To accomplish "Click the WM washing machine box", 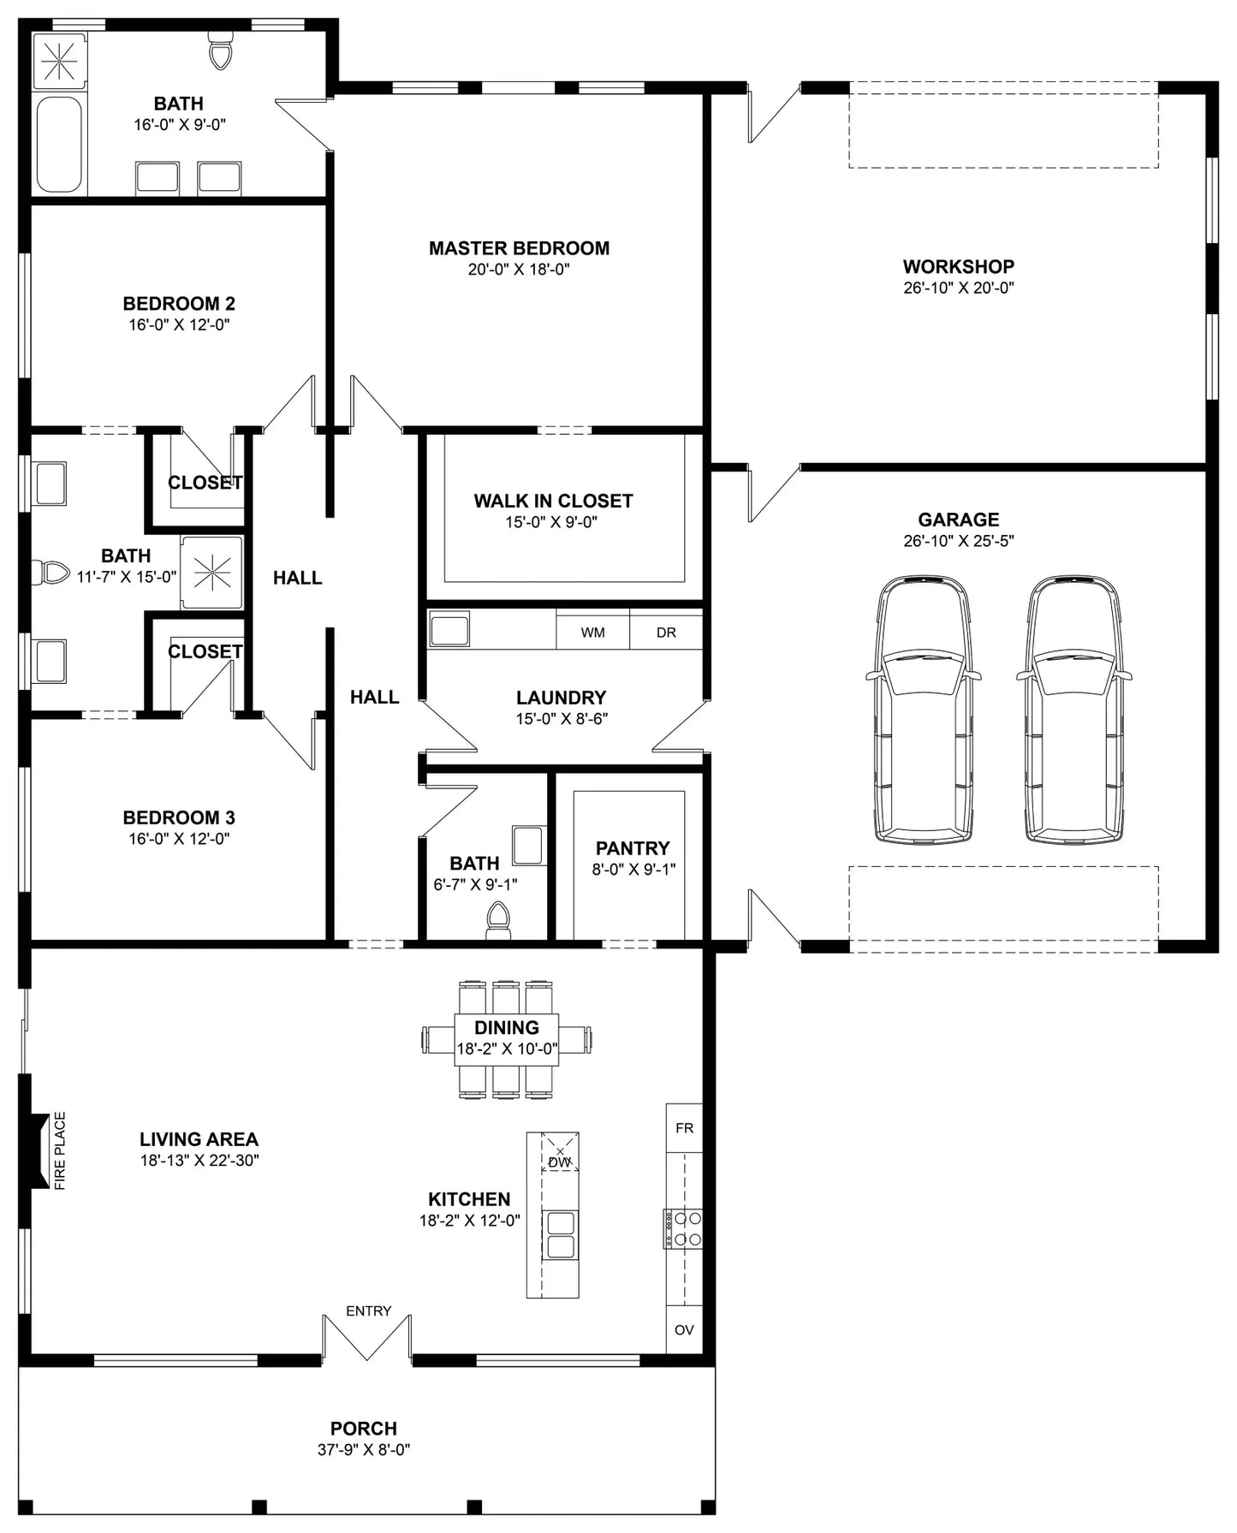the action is (592, 629).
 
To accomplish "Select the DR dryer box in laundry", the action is (666, 629).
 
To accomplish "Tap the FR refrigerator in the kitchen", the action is (684, 1128).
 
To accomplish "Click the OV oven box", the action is (684, 1330).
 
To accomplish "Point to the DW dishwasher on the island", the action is (560, 1152).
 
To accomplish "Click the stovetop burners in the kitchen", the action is (683, 1228).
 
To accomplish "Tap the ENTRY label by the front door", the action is (368, 1310).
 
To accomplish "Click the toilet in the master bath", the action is (221, 51).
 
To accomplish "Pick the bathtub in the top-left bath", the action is (59, 145).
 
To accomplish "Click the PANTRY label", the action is (633, 848).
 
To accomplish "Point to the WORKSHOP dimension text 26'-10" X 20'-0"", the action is (959, 288).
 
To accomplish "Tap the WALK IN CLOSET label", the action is (553, 501).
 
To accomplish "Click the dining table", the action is (506, 1039).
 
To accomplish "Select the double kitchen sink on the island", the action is (561, 1235).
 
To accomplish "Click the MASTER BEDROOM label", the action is (519, 248).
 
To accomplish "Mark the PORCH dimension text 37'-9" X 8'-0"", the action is (364, 1450).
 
